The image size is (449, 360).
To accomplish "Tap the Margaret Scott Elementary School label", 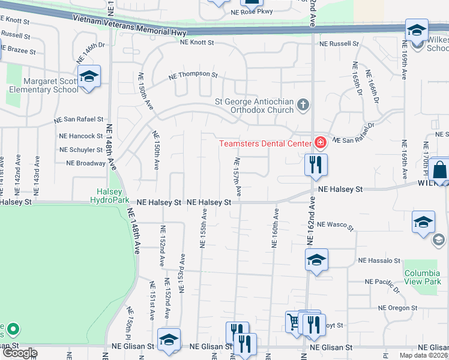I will click(x=51, y=85).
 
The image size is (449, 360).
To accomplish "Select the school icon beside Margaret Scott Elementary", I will click(x=89, y=77).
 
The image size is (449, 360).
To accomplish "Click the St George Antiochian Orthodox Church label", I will click(x=255, y=106).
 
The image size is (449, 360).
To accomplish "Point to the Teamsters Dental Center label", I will click(x=265, y=143).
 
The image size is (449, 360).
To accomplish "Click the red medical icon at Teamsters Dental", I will click(x=320, y=143).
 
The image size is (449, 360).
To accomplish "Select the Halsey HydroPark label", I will click(x=110, y=196).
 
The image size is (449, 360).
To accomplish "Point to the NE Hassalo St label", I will click(x=379, y=260).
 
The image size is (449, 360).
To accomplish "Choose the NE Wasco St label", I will click(x=336, y=224).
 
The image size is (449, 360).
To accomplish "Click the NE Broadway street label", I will click(x=86, y=163).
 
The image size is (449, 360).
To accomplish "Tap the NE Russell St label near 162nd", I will click(x=339, y=44).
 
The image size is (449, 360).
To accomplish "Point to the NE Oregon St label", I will click(x=397, y=308).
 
